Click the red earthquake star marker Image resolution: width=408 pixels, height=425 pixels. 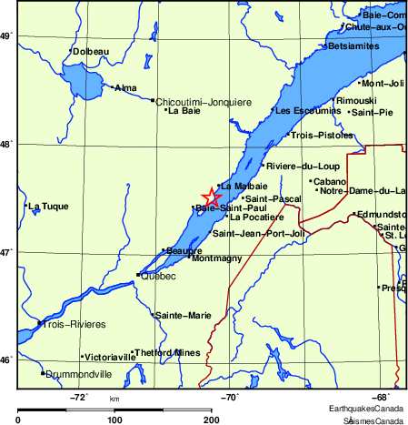pos(211,197)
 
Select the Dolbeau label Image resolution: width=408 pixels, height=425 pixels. pos(93,51)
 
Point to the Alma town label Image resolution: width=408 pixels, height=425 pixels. pos(126,87)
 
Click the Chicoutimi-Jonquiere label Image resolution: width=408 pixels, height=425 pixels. pos(204,101)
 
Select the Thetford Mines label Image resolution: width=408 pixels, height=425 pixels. pos(168,352)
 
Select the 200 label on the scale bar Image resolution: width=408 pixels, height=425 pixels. pos(212,420)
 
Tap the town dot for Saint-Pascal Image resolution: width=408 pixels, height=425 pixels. pos(243,197)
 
